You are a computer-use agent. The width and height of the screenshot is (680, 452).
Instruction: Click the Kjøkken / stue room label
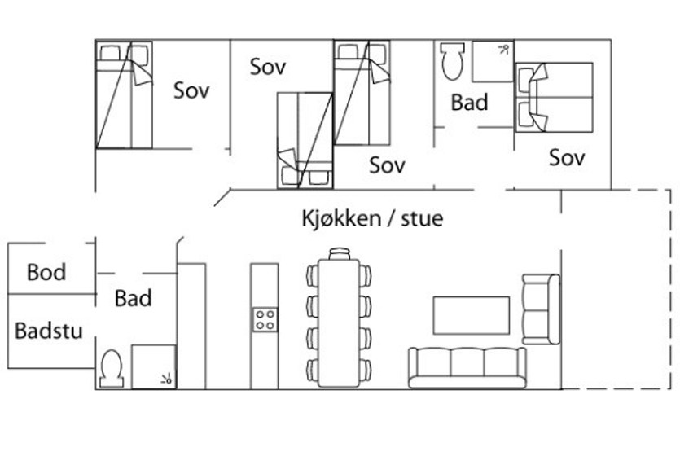pyautogui.click(x=372, y=218)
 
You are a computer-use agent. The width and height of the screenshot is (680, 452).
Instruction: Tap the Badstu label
pyautogui.click(x=49, y=331)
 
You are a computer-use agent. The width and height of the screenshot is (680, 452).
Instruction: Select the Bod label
pyautogui.click(x=46, y=272)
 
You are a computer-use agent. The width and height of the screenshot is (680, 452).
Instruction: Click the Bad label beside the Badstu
pyautogui.click(x=133, y=298)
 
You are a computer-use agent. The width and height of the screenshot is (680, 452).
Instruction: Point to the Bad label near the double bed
pyautogui.click(x=470, y=103)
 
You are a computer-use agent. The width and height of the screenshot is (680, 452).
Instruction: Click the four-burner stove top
pyautogui.click(x=265, y=320)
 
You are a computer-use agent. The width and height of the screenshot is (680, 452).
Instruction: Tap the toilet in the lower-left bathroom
pyautogui.click(x=112, y=369)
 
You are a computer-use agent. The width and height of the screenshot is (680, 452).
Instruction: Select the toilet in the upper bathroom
pyautogui.click(x=452, y=61)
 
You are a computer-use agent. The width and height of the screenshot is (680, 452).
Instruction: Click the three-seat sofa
pyautogui.click(x=467, y=368)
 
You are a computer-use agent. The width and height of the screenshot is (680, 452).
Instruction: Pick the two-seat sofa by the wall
pyautogui.click(x=541, y=309)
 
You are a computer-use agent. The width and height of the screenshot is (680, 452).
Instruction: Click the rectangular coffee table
pyautogui.click(x=472, y=315)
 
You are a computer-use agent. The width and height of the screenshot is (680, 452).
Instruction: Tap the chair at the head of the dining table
pyautogui.click(x=339, y=254)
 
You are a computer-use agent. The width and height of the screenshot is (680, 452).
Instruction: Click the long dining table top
pyautogui.click(x=339, y=323)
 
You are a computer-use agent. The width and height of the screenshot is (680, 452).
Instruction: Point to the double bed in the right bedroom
pyautogui.click(x=555, y=98)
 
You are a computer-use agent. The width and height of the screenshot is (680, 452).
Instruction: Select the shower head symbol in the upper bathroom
pyautogui.click(x=503, y=50)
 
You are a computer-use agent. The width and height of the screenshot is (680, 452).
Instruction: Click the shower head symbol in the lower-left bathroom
pyautogui.click(x=166, y=380)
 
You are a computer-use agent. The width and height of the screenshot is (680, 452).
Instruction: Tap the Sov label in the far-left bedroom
pyautogui.click(x=191, y=90)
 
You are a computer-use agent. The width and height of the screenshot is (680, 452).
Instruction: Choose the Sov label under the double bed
pyautogui.click(x=567, y=157)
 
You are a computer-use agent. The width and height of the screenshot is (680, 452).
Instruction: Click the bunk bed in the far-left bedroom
pyautogui.click(x=124, y=95)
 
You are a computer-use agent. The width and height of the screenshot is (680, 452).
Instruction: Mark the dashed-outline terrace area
pyautogui.click(x=616, y=289)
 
